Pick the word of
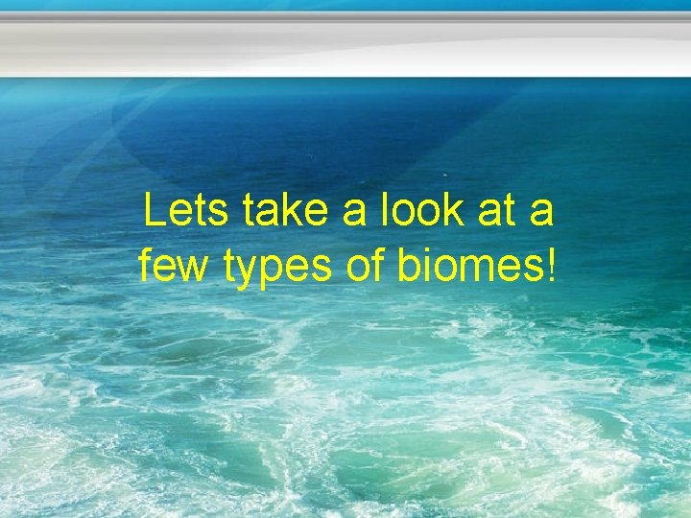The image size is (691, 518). coord(366,264)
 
